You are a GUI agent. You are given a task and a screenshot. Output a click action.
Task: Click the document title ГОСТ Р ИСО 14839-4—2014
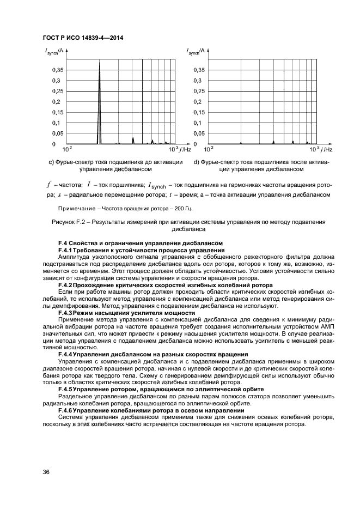coord(82,37)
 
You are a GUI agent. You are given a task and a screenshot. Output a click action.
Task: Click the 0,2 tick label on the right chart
coord(200,102)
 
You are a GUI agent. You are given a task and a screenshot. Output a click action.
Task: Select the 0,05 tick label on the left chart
coord(56,133)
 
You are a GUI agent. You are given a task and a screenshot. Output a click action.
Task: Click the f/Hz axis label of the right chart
coord(325,149)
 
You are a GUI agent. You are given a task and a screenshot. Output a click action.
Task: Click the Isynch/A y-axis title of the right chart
coord(196,52)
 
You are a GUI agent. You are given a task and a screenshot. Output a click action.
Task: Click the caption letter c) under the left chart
coord(51,162)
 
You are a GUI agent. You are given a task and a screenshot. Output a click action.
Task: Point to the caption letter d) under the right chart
coord(197,162)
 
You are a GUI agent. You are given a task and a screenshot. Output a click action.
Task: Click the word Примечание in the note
coord(76,208)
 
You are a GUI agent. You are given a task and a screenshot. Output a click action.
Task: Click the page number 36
coord(46,472)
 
